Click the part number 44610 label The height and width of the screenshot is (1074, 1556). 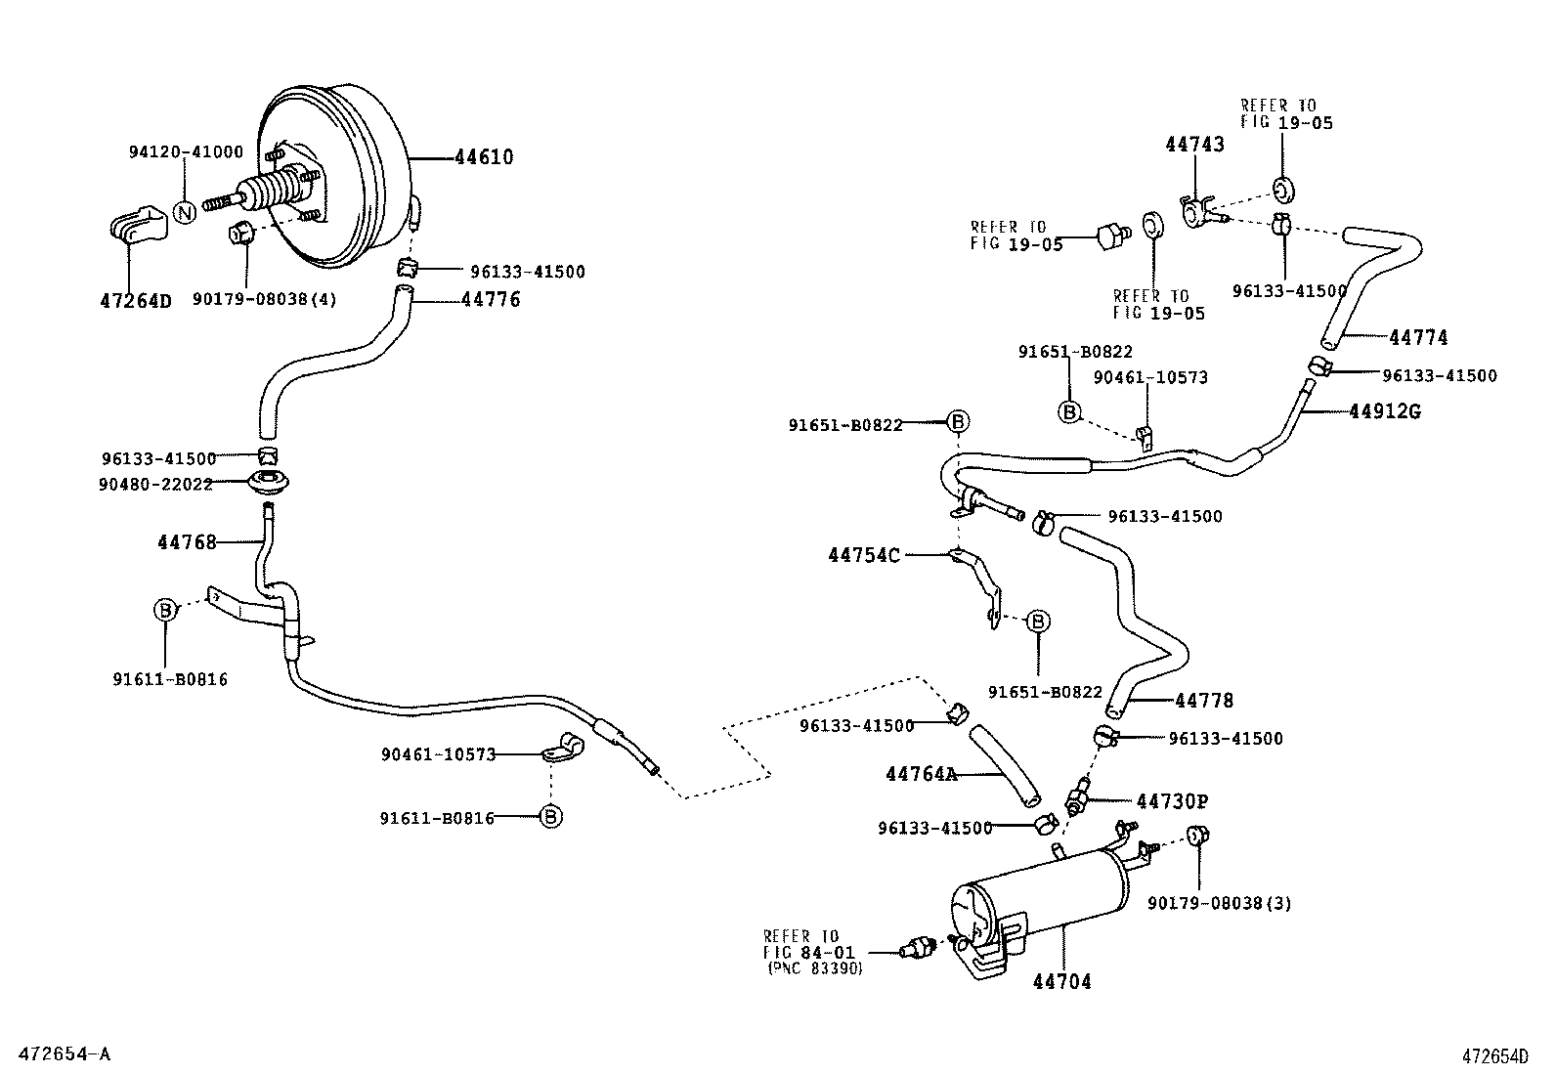tap(484, 157)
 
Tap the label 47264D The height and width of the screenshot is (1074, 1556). tap(135, 301)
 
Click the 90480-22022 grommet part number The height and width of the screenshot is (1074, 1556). tap(156, 484)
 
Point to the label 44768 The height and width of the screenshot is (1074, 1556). tap(187, 541)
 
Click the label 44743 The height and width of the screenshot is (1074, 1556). tap(1194, 145)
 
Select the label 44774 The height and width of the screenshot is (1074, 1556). tap(1418, 338)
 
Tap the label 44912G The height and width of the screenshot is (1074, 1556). tap(1384, 411)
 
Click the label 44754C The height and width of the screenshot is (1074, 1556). tap(863, 555)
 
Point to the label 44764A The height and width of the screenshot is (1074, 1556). tap(921, 774)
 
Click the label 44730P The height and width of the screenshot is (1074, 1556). tap(1172, 801)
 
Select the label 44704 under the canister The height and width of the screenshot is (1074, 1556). tap(1061, 981)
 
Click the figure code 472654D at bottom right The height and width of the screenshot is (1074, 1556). tap(1494, 1055)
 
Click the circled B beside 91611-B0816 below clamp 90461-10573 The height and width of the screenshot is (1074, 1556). tap(551, 817)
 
